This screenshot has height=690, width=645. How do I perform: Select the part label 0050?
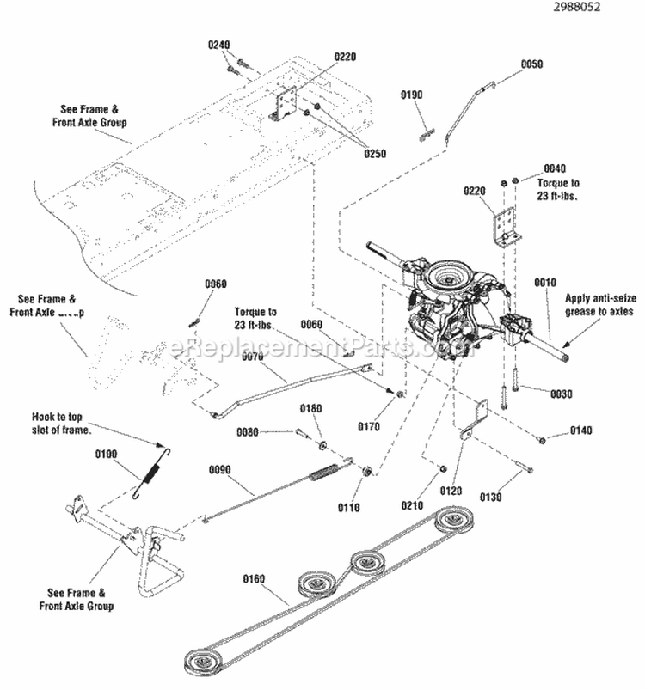click(532, 64)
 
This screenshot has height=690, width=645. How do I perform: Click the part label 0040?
click(556, 170)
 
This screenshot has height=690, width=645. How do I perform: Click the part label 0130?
click(491, 496)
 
